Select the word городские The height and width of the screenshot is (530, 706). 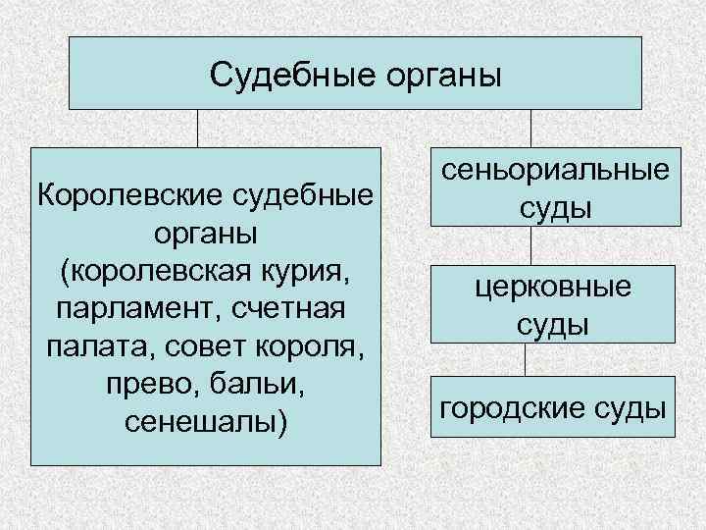pyautogui.click(x=506, y=406)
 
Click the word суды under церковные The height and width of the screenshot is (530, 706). pyautogui.click(x=554, y=325)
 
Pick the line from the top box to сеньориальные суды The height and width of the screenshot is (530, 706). pyautogui.click(x=530, y=128)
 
